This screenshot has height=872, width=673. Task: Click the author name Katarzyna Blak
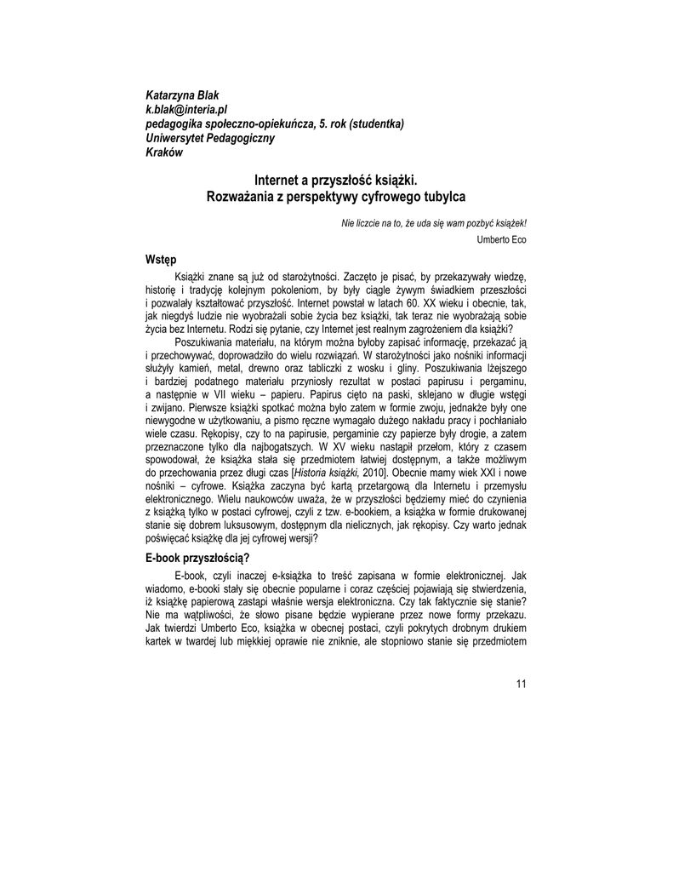pyautogui.click(x=183, y=95)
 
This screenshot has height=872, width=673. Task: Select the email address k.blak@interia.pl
pyautogui.click(x=187, y=110)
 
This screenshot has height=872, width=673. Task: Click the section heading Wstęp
pyautogui.click(x=162, y=259)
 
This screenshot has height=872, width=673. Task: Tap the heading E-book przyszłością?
pyautogui.click(x=197, y=558)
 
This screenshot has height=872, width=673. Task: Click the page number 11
pyautogui.click(x=521, y=682)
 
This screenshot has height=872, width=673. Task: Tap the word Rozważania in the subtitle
pyautogui.click(x=244, y=197)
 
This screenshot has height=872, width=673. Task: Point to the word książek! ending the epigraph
pyautogui.click(x=508, y=223)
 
